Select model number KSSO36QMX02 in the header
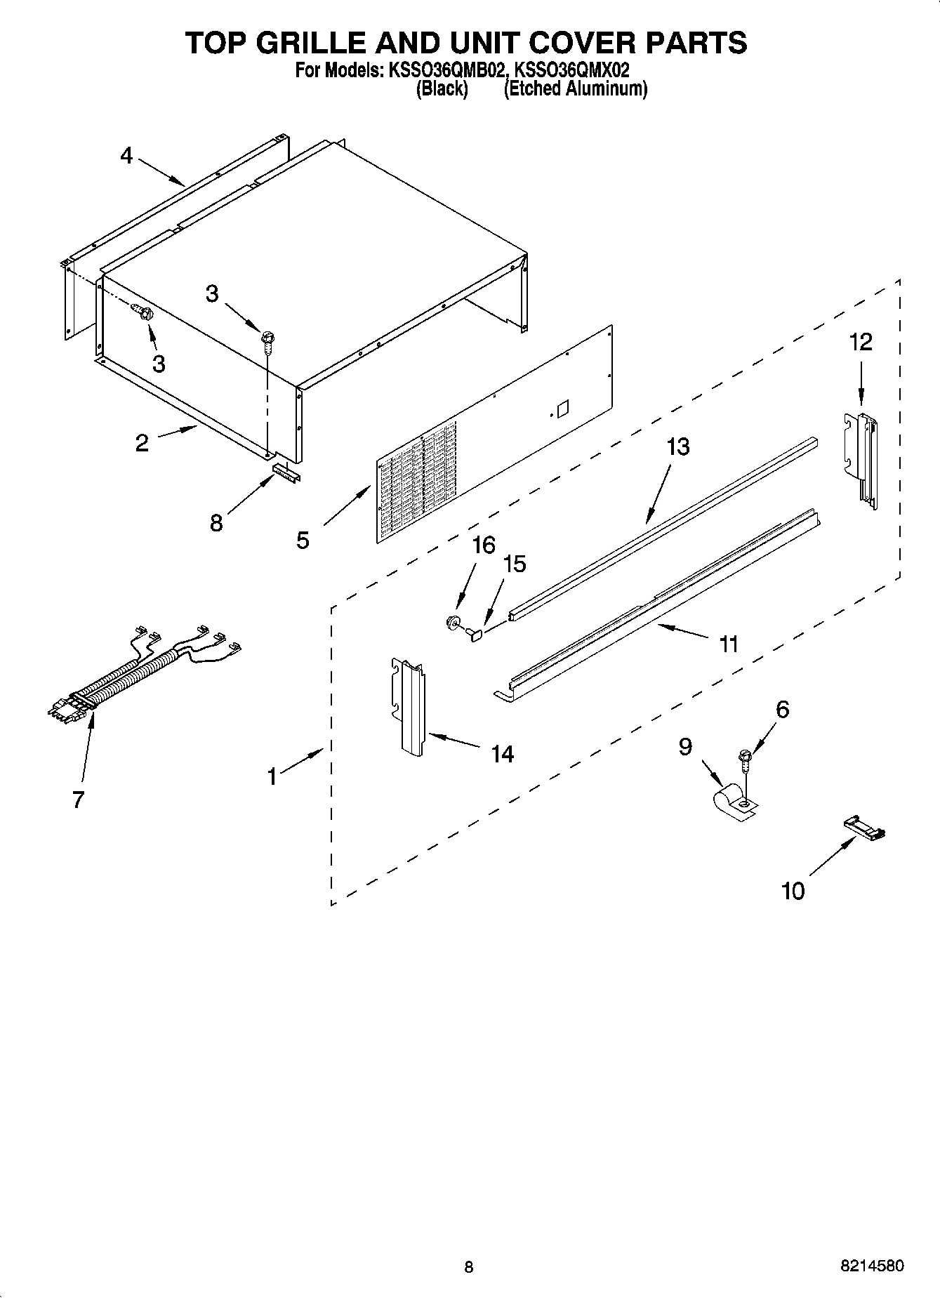(x=572, y=70)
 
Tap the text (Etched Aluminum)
(x=575, y=89)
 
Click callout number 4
(x=126, y=155)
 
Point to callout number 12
(x=861, y=342)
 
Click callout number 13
(x=677, y=446)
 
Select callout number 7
(x=78, y=799)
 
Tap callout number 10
(x=793, y=891)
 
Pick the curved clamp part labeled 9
(x=730, y=802)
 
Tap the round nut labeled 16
(x=453, y=621)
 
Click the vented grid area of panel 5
(x=418, y=484)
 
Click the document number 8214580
(x=872, y=1266)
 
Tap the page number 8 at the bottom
(x=469, y=1266)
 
